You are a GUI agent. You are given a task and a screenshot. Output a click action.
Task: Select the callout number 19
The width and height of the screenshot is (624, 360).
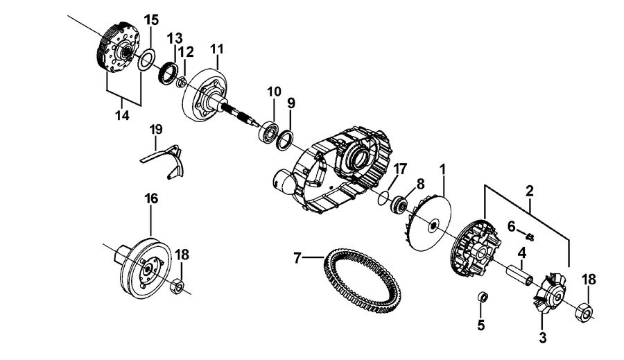(x=156, y=130)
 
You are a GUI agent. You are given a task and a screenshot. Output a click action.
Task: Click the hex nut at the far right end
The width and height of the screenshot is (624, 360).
(x=584, y=309)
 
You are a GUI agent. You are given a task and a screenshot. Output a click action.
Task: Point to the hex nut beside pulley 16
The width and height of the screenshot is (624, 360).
(x=177, y=286)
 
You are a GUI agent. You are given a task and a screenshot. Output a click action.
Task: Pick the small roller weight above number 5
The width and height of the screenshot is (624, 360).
(x=482, y=298)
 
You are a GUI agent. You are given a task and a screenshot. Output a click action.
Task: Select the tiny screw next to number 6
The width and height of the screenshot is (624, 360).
(x=530, y=237)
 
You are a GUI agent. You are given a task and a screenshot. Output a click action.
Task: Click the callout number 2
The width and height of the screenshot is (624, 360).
(x=529, y=191)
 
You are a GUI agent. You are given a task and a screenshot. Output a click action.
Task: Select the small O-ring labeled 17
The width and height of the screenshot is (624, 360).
(x=383, y=198)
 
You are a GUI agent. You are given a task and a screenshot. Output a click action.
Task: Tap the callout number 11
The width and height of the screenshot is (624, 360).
(x=217, y=49)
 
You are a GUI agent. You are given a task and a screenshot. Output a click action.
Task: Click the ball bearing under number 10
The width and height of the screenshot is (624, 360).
(x=268, y=132)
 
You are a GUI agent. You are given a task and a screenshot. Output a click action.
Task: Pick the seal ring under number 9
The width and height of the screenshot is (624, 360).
(x=285, y=141)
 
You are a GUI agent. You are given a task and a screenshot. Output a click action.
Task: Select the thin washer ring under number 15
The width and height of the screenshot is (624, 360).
(x=146, y=60)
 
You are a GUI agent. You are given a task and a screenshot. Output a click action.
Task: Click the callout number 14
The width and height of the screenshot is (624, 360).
(x=123, y=115)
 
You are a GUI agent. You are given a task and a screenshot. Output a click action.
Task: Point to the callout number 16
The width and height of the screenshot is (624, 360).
(x=151, y=198)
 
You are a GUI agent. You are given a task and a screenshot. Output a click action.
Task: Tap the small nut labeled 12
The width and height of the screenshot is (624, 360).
(x=181, y=82)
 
